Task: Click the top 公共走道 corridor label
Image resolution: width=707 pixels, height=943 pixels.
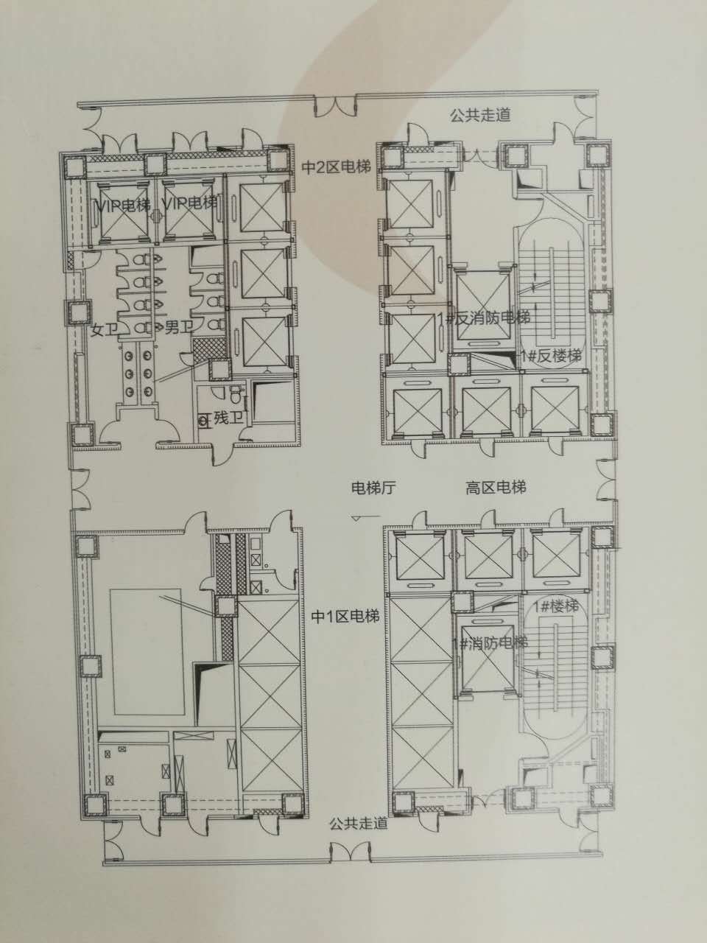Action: [480, 115]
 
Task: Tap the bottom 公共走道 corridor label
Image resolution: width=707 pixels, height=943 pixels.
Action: [359, 823]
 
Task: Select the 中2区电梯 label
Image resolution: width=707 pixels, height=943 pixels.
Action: [336, 167]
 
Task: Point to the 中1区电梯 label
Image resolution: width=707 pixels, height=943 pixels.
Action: [345, 617]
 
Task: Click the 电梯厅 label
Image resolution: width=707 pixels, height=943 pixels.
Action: [373, 488]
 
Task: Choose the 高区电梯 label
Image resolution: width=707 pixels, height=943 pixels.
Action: [496, 488]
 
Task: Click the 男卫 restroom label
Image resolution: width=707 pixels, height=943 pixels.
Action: [178, 329]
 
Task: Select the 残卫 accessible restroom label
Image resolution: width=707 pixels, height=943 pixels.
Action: [228, 418]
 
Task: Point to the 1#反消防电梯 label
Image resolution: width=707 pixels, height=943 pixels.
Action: [483, 318]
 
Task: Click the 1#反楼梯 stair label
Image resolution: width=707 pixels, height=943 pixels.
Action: [551, 356]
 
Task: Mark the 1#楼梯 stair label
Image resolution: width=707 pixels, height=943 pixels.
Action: [556, 606]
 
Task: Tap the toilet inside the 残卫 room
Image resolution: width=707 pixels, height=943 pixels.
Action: [235, 394]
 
